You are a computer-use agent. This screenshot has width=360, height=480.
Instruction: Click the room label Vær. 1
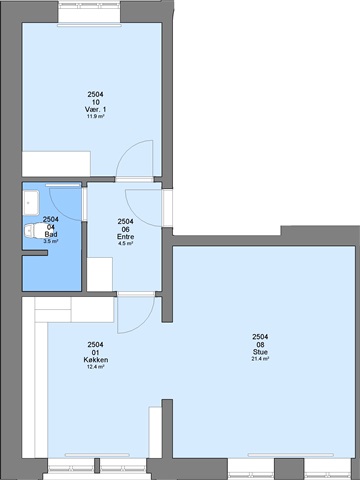tap(95, 110)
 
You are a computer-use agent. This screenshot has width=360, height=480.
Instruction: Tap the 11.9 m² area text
tap(95, 117)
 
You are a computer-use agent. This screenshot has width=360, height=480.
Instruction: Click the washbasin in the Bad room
tap(31, 203)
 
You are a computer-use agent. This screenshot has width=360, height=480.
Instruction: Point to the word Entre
tap(125, 237)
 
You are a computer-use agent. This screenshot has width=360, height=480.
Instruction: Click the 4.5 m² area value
tap(125, 244)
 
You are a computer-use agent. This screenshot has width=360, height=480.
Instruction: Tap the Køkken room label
tap(95, 360)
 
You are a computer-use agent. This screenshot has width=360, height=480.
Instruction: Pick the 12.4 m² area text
tap(95, 367)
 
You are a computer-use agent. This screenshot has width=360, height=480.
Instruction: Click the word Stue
tap(260, 352)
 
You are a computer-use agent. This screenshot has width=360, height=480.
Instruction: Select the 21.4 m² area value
tap(260, 359)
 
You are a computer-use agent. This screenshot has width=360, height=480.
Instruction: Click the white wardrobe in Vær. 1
tap(56, 164)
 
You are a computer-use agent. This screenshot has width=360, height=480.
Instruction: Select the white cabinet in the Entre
tap(100, 274)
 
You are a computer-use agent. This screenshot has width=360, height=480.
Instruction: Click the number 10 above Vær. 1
tap(95, 102)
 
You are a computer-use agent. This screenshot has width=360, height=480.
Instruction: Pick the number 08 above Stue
tap(260, 345)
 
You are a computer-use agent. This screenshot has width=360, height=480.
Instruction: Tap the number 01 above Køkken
tap(95, 353)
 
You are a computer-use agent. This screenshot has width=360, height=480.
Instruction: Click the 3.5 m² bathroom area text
tap(51, 242)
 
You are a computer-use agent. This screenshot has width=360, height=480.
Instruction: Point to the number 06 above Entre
tap(125, 229)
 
